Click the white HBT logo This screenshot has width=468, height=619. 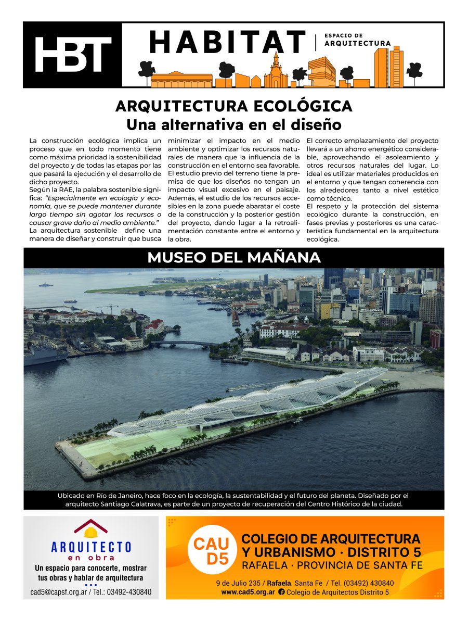(x=73, y=54)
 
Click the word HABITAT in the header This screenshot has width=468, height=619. (x=227, y=42)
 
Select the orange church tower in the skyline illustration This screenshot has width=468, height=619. (x=276, y=70)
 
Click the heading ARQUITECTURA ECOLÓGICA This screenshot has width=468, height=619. (x=233, y=106)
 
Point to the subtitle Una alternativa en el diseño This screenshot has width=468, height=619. (x=233, y=125)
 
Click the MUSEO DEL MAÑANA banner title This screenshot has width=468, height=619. (x=233, y=258)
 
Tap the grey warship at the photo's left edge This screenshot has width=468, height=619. (x=45, y=353)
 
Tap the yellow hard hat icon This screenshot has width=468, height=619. (x=90, y=532)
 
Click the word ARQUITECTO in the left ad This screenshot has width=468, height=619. (x=91, y=547)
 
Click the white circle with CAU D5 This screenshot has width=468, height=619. (x=211, y=552)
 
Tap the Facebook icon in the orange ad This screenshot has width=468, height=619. (x=281, y=592)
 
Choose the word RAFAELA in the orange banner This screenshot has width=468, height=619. (x=264, y=565)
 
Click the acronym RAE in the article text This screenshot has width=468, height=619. (x=68, y=191)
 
